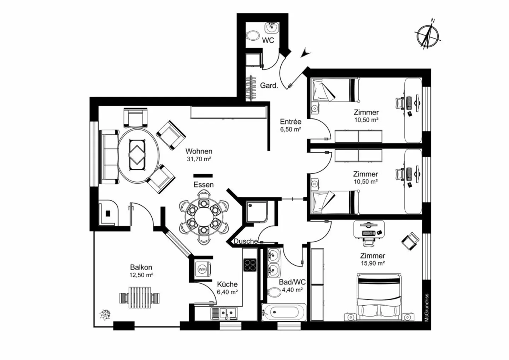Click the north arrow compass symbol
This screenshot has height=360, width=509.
428,36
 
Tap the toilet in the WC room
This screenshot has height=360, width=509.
253,36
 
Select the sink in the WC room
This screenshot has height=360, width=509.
271,28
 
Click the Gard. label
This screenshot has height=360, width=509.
269,86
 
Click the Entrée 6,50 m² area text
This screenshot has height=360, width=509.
291,125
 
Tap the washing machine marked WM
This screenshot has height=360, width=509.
202,269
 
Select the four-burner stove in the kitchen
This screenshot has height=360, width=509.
250,265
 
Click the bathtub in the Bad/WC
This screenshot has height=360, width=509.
284,312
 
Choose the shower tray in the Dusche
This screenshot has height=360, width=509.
255,211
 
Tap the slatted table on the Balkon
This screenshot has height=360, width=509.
140,297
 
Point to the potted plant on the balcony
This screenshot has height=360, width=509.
105,315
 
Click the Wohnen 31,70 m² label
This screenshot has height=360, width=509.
199,155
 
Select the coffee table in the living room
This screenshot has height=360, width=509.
137,155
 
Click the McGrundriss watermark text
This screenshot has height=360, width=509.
427,308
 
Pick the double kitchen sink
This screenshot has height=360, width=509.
224,313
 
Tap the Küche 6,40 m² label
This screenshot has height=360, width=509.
227,288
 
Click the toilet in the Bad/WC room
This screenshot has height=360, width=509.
274,292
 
